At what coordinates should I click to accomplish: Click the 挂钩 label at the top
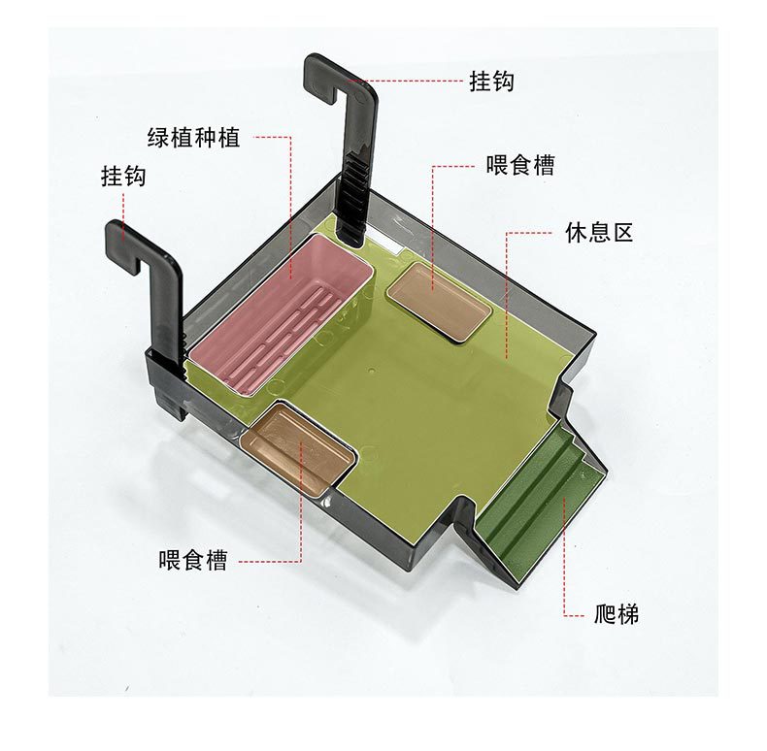(x=491, y=82)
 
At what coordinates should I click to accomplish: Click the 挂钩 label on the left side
(x=123, y=177)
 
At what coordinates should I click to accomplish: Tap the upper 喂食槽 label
(x=520, y=165)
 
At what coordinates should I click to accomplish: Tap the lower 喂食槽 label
(x=192, y=561)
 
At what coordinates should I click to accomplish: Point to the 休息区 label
(x=599, y=233)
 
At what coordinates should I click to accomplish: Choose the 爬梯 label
(x=617, y=613)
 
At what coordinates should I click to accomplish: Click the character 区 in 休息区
(x=622, y=233)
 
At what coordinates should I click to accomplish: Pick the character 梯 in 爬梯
(x=628, y=613)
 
